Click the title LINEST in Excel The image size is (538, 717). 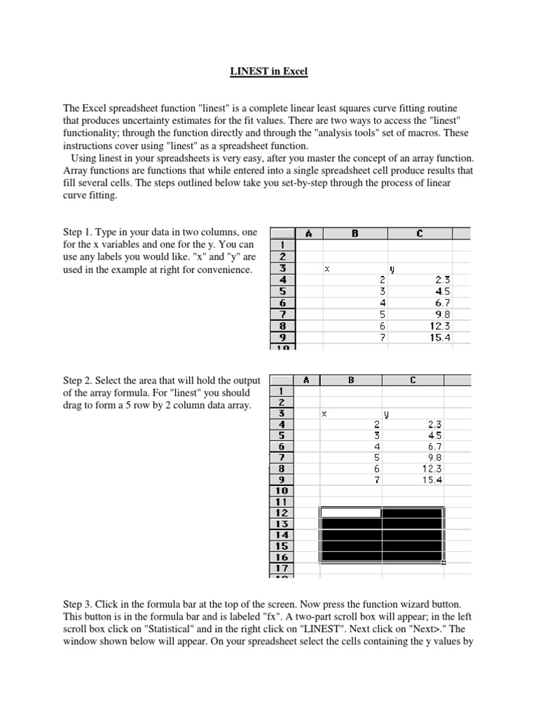[x=269, y=71]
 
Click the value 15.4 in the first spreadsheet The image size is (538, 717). [x=441, y=337]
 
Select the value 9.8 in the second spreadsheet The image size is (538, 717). [x=435, y=457]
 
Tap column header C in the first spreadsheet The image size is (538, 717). [x=419, y=234]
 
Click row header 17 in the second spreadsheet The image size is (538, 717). [x=281, y=569]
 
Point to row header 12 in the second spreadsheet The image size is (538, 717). [x=281, y=513]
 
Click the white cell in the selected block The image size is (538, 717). [x=350, y=513]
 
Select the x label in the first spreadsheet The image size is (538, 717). [x=326, y=269]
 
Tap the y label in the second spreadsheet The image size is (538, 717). [x=385, y=414]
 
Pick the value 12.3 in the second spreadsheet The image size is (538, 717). [x=432, y=468]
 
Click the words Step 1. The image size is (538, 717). [x=79, y=232]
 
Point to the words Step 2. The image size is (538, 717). [x=79, y=380]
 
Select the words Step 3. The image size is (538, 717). [x=79, y=603]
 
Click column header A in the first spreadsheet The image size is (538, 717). [x=309, y=234]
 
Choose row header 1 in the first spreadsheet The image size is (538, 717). [x=282, y=246]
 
